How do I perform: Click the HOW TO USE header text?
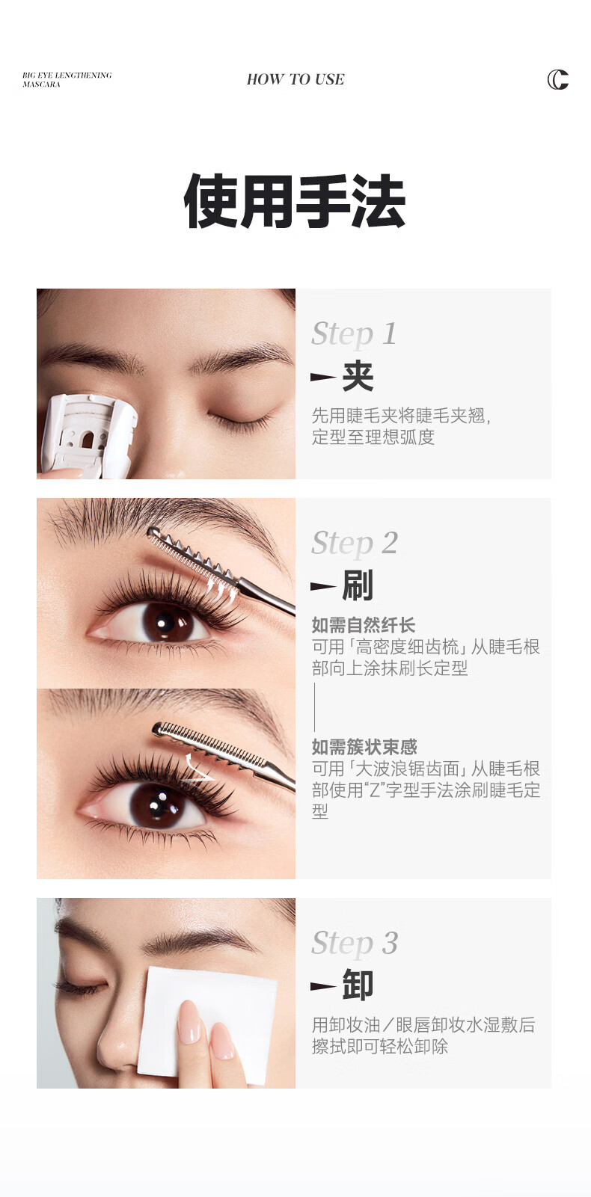tap(295, 79)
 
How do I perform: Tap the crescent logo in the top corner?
tap(557, 79)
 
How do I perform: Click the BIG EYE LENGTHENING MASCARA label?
tap(67, 79)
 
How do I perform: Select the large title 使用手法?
tap(295, 201)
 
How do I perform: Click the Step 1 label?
tap(354, 334)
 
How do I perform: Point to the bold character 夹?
tap(358, 376)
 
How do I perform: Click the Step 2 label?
tap(355, 544)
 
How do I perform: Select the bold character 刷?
tap(358, 585)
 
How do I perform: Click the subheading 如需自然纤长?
tap(364, 625)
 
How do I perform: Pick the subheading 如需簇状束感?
tap(364, 746)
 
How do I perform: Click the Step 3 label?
tap(355, 944)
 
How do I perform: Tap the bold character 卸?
tap(358, 985)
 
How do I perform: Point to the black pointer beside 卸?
tap(323, 986)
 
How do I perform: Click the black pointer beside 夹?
tap(323, 378)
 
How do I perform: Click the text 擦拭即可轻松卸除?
tap(380, 1046)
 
